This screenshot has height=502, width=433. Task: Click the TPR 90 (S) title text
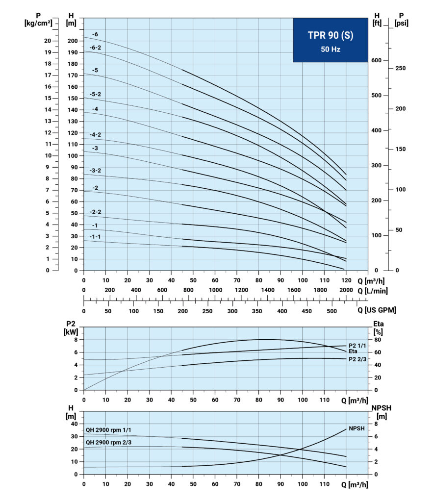pos(331,35)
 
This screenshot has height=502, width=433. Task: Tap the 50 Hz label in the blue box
pos(331,50)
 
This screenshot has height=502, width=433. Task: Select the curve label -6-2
pos(95,48)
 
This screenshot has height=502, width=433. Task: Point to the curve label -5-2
pos(95,94)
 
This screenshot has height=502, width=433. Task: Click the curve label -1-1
pos(95,237)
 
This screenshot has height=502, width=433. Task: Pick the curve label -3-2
pos(95,170)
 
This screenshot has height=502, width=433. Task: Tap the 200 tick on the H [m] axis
pos(73,41)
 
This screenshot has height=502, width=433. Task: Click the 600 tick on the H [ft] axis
pos(376,60)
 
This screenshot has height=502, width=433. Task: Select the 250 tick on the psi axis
pos(400,68)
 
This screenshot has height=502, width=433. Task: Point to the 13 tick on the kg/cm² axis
pos(48,121)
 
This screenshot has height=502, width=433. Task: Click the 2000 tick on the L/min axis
pos(346,290)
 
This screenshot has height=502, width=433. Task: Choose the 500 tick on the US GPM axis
pos(332,311)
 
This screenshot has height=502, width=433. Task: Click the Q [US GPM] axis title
pos(377,310)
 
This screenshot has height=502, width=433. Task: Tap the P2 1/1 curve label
pos(357,346)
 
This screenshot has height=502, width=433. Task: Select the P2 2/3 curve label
pos(357,359)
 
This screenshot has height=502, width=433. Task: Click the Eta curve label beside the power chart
pos(353,351)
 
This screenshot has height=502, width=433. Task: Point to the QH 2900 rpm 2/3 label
pos(108,443)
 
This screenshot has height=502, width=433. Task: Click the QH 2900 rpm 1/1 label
pos(108,430)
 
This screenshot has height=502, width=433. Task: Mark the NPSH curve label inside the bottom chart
pos(357,428)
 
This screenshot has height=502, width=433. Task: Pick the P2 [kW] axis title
pos(71,328)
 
